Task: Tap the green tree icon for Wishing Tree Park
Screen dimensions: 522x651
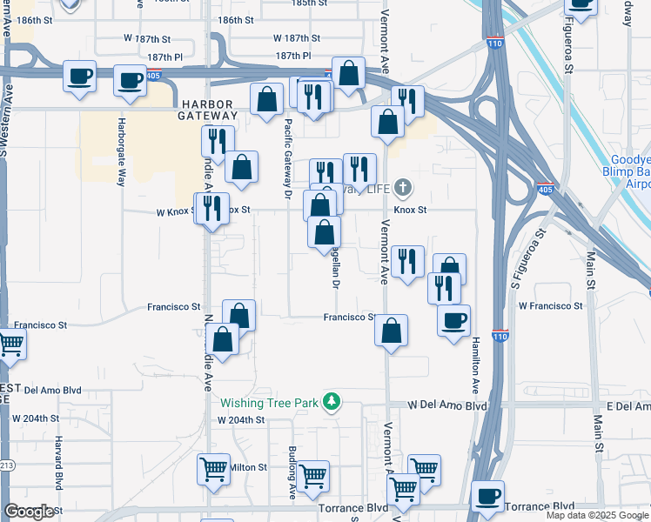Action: (x=331, y=402)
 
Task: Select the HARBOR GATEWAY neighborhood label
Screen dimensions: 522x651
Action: (x=205, y=109)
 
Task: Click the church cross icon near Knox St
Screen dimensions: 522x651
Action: (x=402, y=187)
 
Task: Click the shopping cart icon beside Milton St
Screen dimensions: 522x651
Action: (x=213, y=471)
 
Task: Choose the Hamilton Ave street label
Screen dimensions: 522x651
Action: (x=475, y=365)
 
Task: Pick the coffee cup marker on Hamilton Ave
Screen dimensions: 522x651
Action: (x=453, y=321)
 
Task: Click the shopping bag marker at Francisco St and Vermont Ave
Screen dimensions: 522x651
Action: (x=392, y=331)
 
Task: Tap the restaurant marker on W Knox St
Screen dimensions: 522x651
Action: (x=211, y=209)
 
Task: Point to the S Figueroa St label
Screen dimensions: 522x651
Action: (x=528, y=258)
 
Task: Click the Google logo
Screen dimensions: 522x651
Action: (x=30, y=512)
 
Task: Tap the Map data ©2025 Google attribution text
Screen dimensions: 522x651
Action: (x=597, y=515)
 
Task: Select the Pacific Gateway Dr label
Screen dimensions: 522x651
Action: (x=287, y=157)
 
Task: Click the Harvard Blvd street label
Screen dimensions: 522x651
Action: (x=58, y=462)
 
